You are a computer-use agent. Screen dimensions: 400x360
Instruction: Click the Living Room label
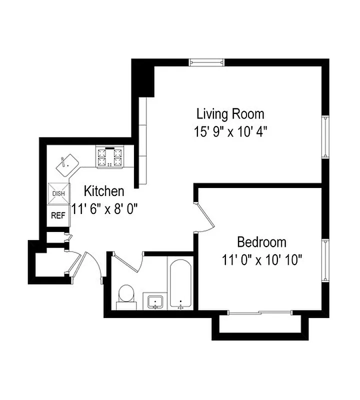[230, 114]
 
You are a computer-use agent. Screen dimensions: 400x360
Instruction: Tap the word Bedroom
[261, 243]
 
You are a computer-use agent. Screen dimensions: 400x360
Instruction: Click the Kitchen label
[104, 191]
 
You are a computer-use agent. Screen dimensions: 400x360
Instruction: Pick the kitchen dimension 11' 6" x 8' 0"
[104, 208]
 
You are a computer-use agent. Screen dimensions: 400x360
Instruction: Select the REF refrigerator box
[57, 216]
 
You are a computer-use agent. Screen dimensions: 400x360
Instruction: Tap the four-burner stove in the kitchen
[110, 156]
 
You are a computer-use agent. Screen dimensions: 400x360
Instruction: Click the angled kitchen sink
[67, 164]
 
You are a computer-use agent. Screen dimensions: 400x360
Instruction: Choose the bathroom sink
[155, 301]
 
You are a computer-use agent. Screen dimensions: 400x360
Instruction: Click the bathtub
[180, 283]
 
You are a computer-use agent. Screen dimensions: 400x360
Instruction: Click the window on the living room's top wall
[206, 62]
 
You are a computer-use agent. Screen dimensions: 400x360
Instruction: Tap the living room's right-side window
[325, 136]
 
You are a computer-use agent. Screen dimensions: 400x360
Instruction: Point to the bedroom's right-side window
[325, 260]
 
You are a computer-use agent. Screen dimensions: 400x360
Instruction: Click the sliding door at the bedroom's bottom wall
[260, 313]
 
